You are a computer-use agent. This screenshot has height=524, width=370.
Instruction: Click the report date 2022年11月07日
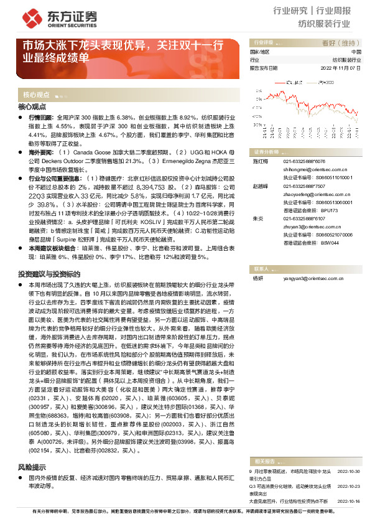pos(340,68)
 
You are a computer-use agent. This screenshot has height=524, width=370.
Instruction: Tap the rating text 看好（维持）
pos(341,43)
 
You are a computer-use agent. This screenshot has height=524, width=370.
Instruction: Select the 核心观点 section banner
pos(37,95)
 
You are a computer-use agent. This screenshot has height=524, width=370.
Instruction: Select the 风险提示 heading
pos(32,466)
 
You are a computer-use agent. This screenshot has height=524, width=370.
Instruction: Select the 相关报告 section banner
pos(266,461)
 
